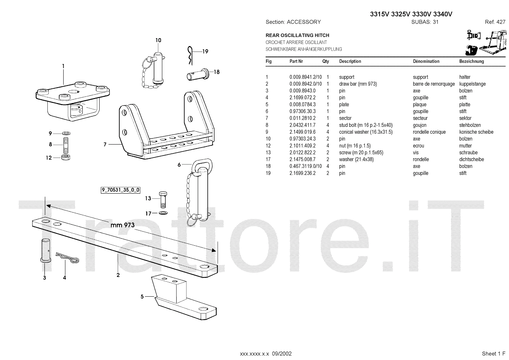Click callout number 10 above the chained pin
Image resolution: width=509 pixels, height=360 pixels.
pos(158,40)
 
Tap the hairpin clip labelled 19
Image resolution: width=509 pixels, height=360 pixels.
pos(190,55)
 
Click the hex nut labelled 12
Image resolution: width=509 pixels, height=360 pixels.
pos(66,157)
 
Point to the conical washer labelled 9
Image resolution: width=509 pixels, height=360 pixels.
pos(66,133)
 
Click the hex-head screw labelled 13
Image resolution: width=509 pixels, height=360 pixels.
pos(162,199)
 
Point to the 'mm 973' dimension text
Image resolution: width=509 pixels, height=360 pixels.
pos(122,225)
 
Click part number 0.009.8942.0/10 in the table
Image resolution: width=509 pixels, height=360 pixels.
pos(305,84)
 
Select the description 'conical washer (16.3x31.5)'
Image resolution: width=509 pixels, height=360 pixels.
pos(366,132)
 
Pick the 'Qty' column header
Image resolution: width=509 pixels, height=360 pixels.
pos(325,61)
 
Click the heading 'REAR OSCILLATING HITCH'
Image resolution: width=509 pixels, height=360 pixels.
pos(297,35)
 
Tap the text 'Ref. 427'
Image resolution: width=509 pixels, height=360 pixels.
pos(495,22)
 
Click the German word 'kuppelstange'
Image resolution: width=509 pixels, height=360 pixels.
pos(472,84)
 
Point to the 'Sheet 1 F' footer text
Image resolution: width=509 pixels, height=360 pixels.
pos(493,354)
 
